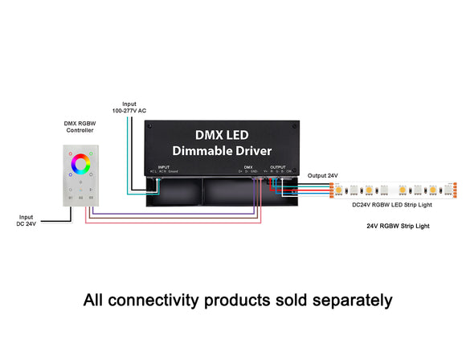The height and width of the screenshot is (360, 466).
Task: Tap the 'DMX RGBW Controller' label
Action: pos(81,129)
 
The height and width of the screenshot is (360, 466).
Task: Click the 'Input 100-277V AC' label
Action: pos(130,107)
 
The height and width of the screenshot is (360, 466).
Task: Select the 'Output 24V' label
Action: pos(322,175)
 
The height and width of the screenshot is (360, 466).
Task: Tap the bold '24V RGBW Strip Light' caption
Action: pos(399,226)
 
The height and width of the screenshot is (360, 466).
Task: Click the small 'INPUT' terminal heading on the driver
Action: pos(164,167)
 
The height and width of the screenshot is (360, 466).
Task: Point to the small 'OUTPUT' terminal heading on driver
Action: pos(278,167)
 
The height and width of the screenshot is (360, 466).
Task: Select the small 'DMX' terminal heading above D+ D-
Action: pos(247,167)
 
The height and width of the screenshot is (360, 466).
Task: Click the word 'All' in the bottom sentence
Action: pos(96,301)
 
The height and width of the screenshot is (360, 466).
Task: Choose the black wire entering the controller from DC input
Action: pos(48,215)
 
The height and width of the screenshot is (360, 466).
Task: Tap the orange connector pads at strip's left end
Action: pos(331,190)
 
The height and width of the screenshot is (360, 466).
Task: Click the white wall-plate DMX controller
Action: pos(82,175)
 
